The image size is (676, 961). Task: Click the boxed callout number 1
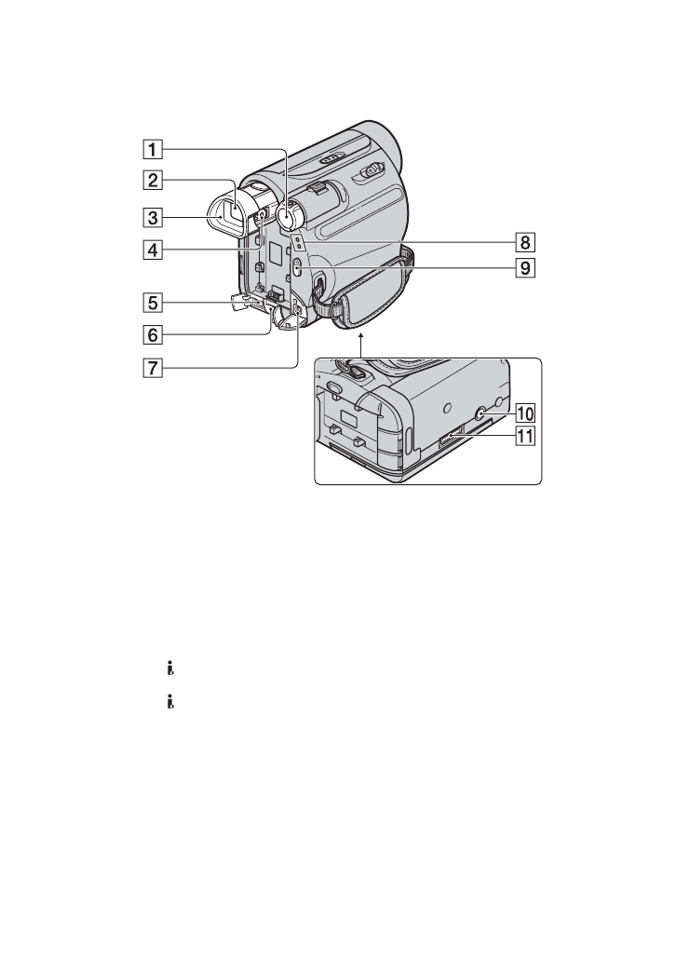(x=154, y=149)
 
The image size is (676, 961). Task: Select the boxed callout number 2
(x=154, y=181)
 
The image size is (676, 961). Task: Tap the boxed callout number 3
(x=154, y=217)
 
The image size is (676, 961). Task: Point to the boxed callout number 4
(x=154, y=250)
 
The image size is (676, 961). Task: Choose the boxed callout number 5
(x=154, y=302)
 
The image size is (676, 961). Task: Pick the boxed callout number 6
(x=154, y=334)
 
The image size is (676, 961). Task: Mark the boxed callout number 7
(x=154, y=368)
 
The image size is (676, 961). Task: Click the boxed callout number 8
(x=525, y=243)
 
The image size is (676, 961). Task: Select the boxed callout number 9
(x=525, y=268)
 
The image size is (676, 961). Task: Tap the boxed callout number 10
(x=525, y=413)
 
